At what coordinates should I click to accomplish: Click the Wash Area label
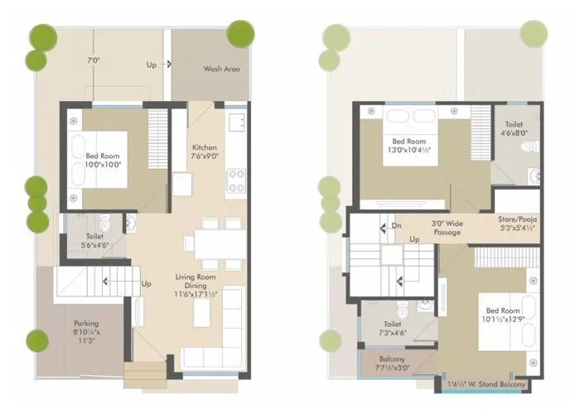coord(221,69)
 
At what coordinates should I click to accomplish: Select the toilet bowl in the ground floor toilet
coord(105,224)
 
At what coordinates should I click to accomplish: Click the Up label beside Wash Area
coord(152,65)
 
